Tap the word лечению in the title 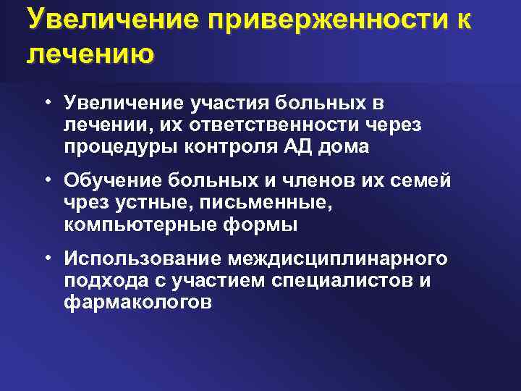coord(90,55)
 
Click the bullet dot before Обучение coord(46,178)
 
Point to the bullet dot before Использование coord(46,258)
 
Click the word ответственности coord(271,125)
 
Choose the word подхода coord(99,279)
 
